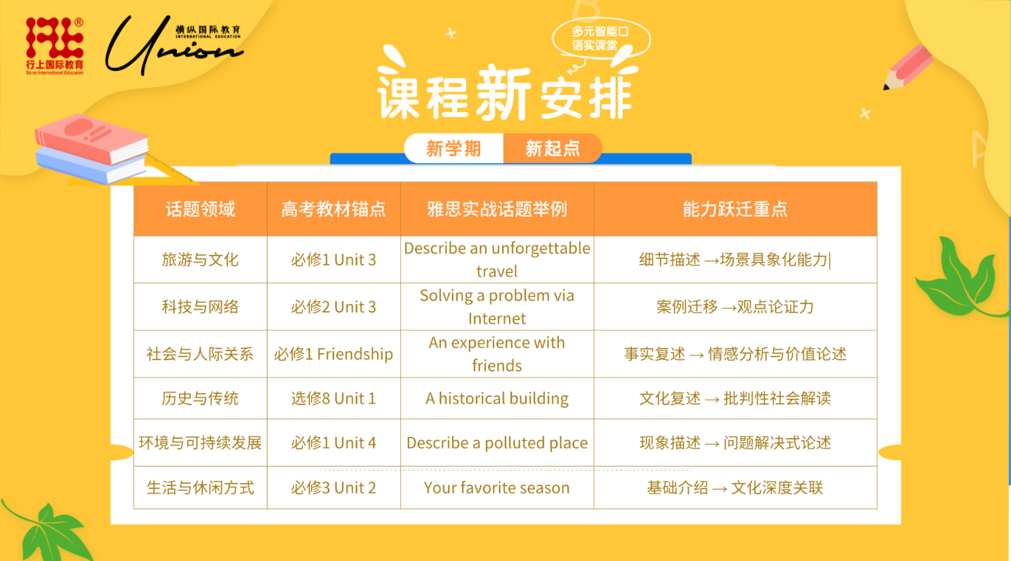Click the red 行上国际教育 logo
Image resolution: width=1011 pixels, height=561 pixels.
coord(55,46)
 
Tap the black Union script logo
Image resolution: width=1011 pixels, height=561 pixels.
coord(174,45)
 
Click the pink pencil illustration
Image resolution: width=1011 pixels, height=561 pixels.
coord(907,67)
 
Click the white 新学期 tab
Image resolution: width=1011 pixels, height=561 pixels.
coord(454,148)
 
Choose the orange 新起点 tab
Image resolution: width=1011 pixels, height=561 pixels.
coord(553,148)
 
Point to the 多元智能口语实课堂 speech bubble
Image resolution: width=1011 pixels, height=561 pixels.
coord(601,39)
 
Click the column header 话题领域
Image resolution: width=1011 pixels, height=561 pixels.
coord(200,209)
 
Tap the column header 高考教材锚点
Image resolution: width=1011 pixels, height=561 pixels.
coord(333,209)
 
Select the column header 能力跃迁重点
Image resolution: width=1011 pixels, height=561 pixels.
coord(735,209)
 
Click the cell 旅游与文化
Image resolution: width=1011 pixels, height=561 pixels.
coord(200,260)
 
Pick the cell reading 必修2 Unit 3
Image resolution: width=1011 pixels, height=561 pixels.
coord(333,307)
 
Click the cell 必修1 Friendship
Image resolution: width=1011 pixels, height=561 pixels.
coord(333,354)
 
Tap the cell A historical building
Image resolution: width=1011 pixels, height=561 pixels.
coord(497,398)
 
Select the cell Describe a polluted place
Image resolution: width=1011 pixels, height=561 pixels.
coord(497,443)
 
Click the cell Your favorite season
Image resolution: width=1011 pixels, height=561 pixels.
coord(497,487)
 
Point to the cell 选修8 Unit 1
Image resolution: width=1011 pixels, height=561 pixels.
coord(333,398)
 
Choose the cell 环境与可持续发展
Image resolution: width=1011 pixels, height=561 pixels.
coord(200,443)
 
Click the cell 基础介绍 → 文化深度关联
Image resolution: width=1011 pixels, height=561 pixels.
coord(735,487)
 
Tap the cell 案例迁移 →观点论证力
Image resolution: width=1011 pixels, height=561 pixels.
coord(735,307)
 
